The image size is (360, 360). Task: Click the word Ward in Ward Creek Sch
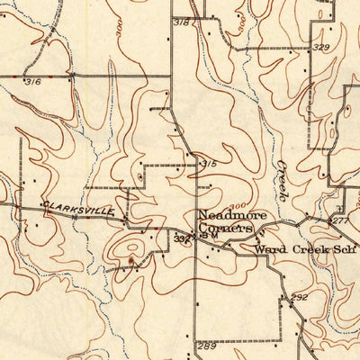pyautogui.click(x=267, y=247)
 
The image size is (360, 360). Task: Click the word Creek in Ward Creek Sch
pyautogui.click(x=304, y=247)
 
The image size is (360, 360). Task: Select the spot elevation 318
pyautogui.click(x=182, y=21)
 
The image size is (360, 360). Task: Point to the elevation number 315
pyautogui.click(x=209, y=164)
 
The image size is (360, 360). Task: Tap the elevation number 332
pyautogui.click(x=181, y=238)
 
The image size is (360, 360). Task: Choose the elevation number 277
pyautogui.click(x=339, y=220)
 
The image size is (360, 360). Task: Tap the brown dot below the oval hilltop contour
pyautogui.click(x=133, y=262)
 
